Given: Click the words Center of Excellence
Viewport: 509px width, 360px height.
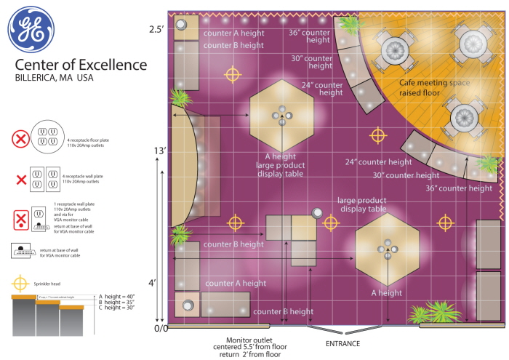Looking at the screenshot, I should pyautogui.click(x=81, y=65).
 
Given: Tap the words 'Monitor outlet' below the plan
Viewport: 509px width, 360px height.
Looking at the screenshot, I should pyautogui.click(x=249, y=340).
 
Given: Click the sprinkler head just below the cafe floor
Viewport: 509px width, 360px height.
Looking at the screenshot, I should pyautogui.click(x=377, y=135).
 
